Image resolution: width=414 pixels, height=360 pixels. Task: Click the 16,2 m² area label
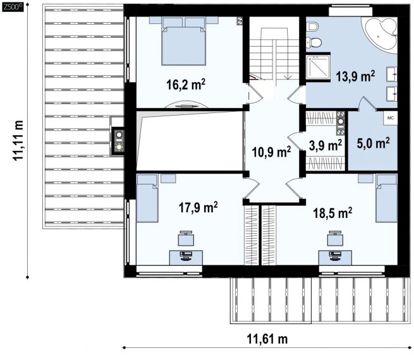coord(186,85)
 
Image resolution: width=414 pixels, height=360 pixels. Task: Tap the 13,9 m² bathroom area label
coord(355,76)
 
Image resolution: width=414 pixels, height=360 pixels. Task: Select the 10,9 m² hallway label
coord(271,152)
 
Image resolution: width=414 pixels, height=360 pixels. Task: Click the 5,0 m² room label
coord(373,143)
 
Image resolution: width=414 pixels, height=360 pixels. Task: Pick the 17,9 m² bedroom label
coord(198,207)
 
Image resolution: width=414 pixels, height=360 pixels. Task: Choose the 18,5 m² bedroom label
coord(332,213)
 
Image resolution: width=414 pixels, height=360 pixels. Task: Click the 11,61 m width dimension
coord(267,339)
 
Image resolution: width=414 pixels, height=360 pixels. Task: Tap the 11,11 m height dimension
coord(18,140)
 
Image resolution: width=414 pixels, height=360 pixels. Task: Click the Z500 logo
coord(13,7)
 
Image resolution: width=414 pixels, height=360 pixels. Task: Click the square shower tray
coord(318,67)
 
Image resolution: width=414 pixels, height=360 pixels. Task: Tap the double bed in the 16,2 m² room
coord(184,41)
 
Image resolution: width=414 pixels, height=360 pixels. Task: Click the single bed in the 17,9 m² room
coord(147,198)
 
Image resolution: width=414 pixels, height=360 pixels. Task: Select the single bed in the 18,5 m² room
coord(387,198)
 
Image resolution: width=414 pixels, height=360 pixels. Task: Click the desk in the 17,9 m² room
coord(186,258)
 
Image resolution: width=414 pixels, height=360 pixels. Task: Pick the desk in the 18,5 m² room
coord(336,258)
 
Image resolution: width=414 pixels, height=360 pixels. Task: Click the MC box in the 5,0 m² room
coord(390,118)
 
